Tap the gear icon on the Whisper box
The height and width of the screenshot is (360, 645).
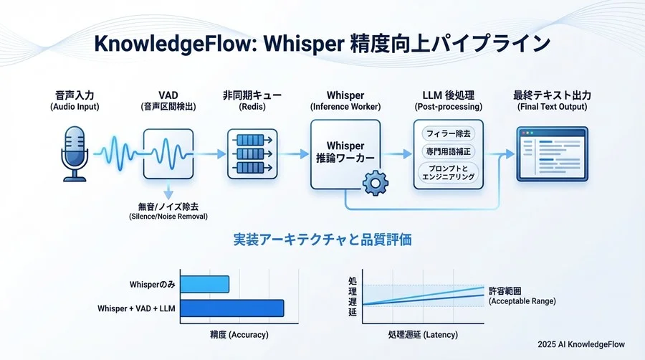point(374,184)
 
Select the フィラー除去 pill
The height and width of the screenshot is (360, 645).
point(449,133)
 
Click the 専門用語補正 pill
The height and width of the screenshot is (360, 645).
point(449,153)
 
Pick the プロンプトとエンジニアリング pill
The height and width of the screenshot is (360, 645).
point(449,172)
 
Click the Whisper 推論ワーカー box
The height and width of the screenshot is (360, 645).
point(345,153)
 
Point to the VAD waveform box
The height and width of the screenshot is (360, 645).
point(168,153)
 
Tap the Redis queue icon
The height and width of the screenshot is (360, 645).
point(252,153)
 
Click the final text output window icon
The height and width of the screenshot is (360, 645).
point(552,153)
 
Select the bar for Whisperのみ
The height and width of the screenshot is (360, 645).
point(205,285)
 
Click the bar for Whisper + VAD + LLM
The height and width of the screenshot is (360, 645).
point(232,308)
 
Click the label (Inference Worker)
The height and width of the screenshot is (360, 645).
point(345,107)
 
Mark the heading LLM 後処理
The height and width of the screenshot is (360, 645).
point(449,95)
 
